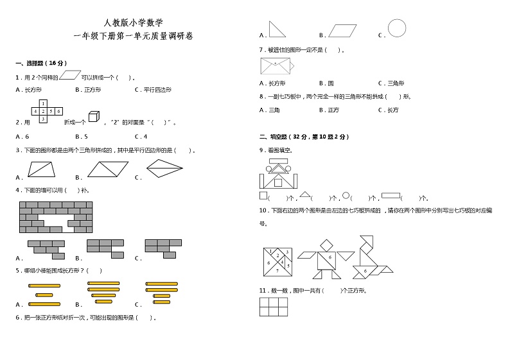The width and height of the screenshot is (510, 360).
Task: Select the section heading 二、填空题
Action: (278, 137)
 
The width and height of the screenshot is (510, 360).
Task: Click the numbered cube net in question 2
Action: (46, 111)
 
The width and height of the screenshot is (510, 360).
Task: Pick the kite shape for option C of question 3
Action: (164, 168)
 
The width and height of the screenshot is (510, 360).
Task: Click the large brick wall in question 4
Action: (56, 217)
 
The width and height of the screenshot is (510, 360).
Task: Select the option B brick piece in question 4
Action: (106, 248)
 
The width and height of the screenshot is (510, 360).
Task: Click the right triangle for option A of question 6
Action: (277, 29)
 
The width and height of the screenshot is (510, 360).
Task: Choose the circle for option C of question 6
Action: (397, 28)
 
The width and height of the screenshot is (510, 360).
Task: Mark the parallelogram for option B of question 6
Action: (342, 31)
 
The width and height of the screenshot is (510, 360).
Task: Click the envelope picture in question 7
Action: (275, 65)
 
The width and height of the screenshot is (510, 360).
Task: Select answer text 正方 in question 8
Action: (333, 110)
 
